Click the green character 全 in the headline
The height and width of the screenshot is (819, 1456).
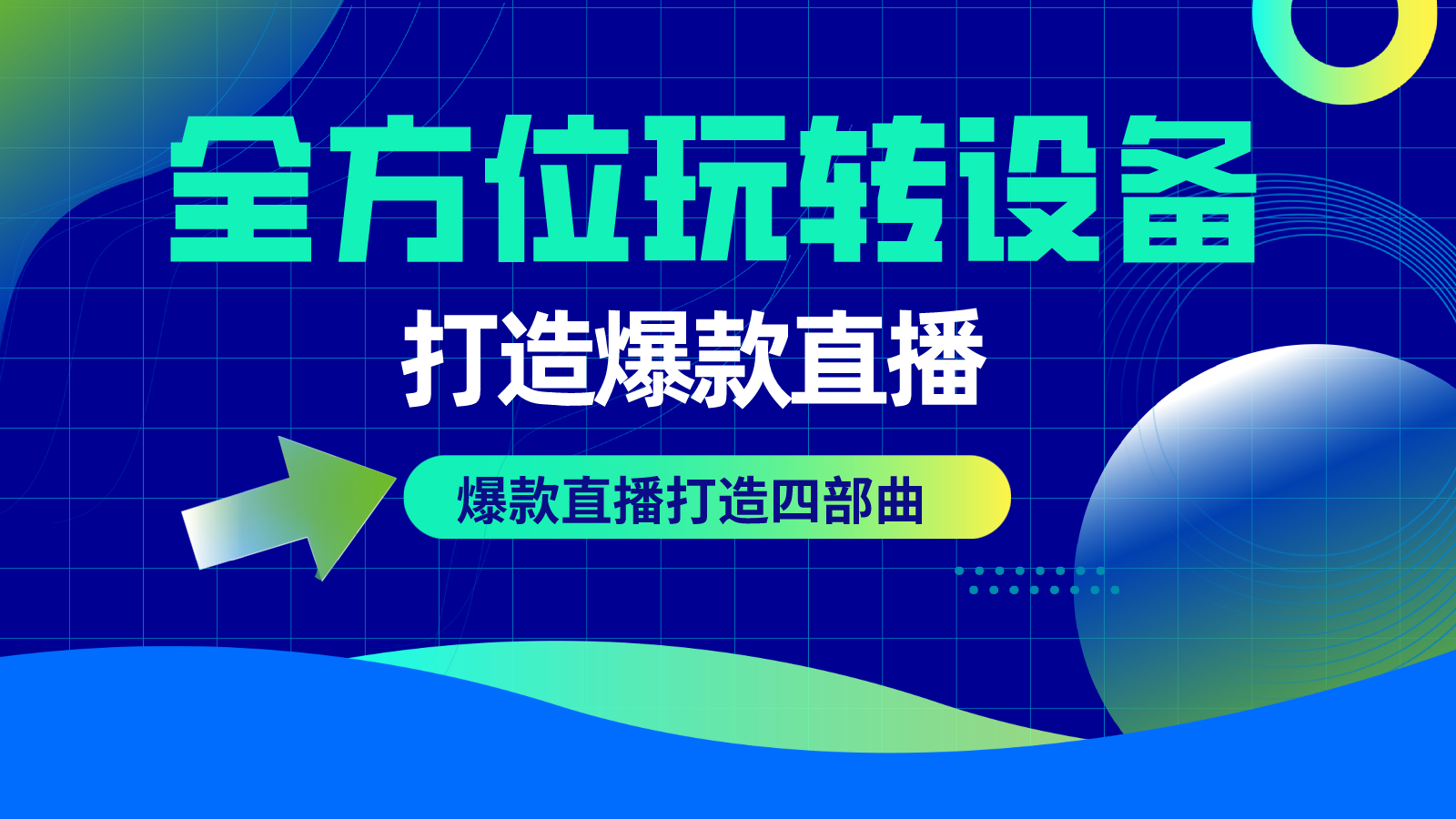[241, 189]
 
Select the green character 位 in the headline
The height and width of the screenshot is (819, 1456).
[556, 189]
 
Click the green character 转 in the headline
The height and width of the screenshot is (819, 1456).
[870, 189]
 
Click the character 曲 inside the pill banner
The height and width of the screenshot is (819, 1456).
[899, 500]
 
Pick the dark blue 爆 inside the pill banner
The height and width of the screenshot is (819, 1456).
[482, 500]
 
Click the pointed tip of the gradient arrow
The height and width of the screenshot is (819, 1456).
[395, 479]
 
